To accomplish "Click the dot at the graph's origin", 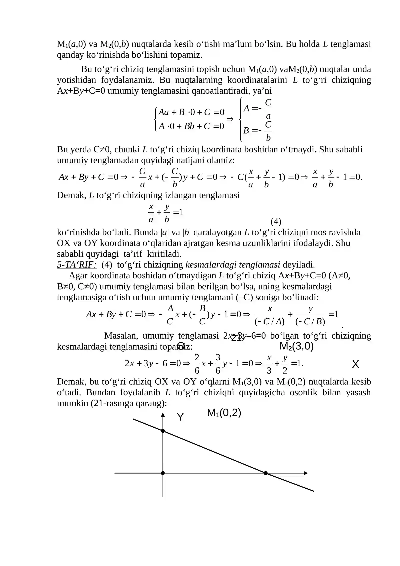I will click(163, 473).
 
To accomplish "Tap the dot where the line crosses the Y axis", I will click(163, 431).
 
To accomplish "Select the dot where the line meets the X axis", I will click(266, 473).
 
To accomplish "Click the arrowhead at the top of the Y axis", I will click(163, 415).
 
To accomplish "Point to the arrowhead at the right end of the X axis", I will click(306, 473).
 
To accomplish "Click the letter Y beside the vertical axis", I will click(180, 417).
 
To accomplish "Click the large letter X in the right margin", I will click(355, 364).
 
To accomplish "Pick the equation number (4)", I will click(276, 221).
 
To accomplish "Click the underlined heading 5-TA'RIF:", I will click(77, 265).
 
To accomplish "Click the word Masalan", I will click(121, 336).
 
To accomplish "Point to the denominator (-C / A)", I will click(270, 322).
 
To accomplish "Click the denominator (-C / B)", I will click(310, 322).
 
